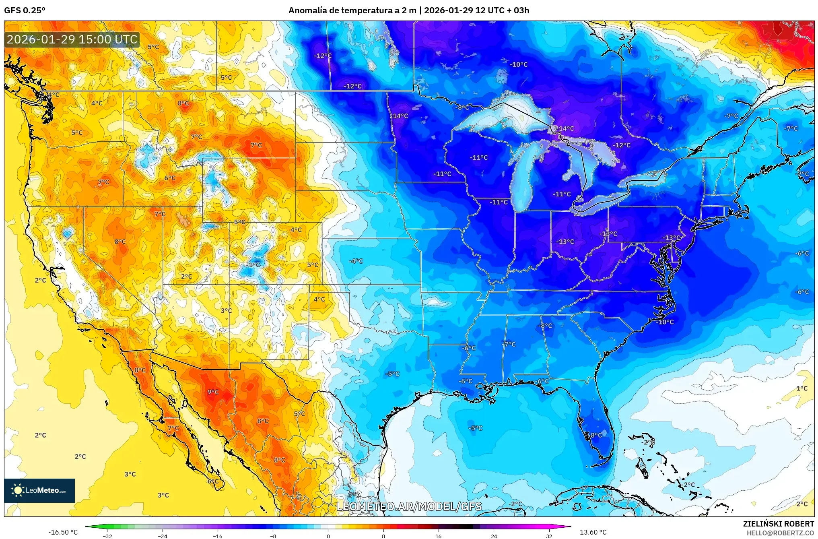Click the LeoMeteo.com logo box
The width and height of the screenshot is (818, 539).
tap(39, 490)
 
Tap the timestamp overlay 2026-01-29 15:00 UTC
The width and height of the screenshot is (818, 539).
tap(72, 39)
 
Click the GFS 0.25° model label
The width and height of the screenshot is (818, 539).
tap(25, 10)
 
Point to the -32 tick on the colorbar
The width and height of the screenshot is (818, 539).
tap(107, 535)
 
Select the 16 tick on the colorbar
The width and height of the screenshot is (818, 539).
tap(438, 535)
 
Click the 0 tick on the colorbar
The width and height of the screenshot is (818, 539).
tap(328, 535)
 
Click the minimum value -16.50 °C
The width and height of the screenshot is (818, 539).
tap(63, 532)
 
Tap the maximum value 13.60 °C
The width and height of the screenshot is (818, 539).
tap(593, 532)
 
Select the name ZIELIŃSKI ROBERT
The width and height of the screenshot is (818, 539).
tap(778, 524)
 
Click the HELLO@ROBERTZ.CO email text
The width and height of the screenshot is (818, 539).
tap(780, 533)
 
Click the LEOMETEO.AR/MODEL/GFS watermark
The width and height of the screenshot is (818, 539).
tap(409, 506)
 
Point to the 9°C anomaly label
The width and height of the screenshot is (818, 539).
tap(213, 392)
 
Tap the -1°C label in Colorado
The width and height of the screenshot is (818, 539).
tap(253, 265)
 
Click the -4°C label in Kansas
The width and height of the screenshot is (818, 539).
tap(356, 261)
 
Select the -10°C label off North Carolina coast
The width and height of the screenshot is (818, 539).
tap(665, 322)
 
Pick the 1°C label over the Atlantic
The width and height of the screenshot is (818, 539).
tap(802, 388)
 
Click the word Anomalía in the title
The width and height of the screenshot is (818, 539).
tap(307, 10)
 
